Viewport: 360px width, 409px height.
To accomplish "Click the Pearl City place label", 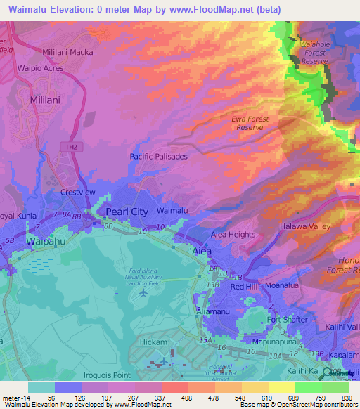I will [126, 211].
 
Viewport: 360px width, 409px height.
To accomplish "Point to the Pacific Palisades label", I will [158, 157].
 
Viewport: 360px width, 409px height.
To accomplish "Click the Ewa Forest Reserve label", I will [251, 123].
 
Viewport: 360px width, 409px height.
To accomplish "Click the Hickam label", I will [154, 342].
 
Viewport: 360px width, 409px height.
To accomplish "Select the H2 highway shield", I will [70, 146].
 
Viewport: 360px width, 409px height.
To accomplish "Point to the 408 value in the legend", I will [173, 397].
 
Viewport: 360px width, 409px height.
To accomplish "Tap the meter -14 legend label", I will [15, 397].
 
